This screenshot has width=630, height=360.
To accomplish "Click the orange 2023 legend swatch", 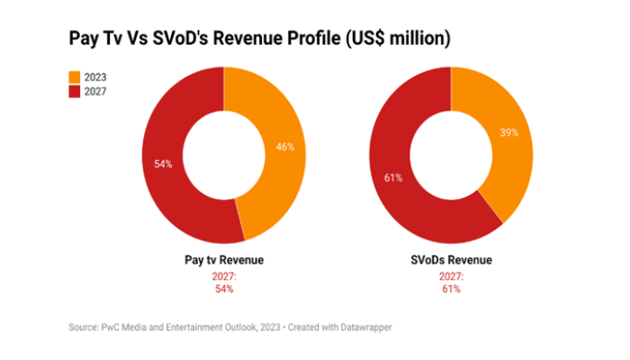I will coord(75,76).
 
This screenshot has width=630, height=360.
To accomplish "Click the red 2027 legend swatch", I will coord(75,91).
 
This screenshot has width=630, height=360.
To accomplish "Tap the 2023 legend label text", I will coord(94,76).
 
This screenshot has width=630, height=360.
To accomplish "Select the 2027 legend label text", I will coord(94,91).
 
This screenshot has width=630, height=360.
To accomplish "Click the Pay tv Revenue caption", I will coord(223,261).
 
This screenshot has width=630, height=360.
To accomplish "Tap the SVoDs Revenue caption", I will coord(451,261).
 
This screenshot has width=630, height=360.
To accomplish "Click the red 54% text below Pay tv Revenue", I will coord(223,289).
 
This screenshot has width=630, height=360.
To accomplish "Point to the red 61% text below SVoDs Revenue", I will coord(451,289).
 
